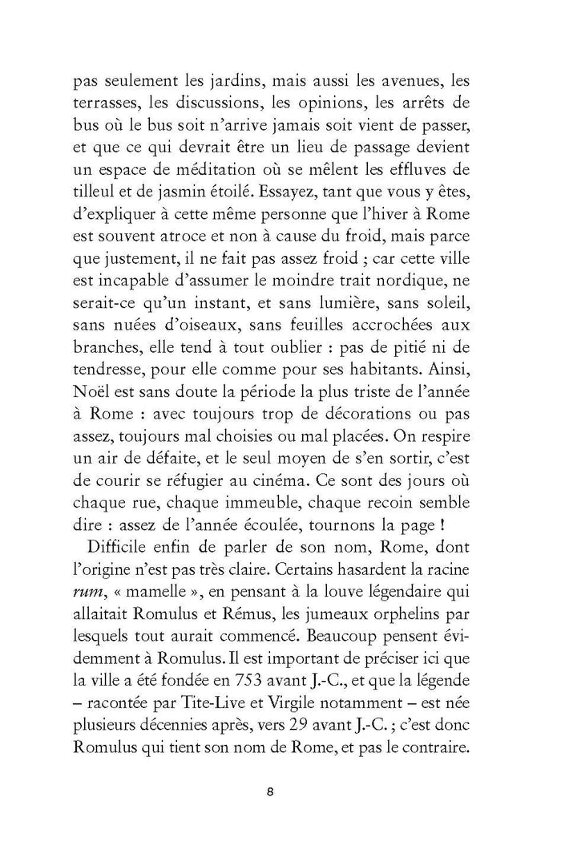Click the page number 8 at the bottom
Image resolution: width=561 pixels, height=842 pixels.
[270, 792]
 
